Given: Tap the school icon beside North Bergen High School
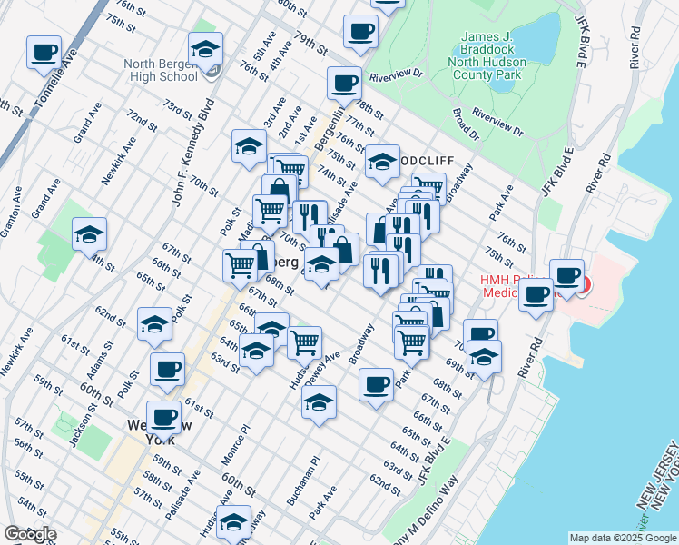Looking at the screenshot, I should click(205, 50).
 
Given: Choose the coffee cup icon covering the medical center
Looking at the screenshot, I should click(567, 274).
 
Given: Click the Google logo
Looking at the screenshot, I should click(30, 534).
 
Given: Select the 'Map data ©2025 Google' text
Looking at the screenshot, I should click(622, 538).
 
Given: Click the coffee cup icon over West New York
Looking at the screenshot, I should click(162, 417).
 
